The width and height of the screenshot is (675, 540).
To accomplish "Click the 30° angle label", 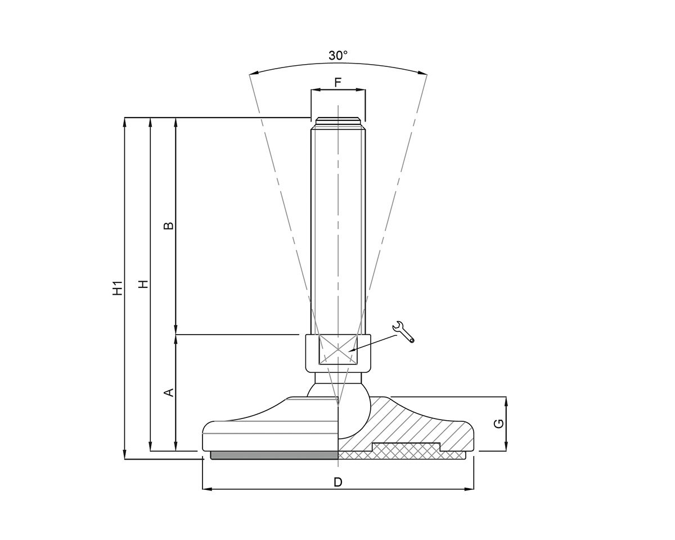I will click(338, 55).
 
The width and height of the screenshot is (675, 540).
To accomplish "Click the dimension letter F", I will click(338, 83).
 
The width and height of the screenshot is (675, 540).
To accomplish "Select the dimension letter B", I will click(168, 226).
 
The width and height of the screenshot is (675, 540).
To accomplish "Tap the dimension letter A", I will click(168, 392).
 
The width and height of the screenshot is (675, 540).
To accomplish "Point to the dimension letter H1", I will click(117, 288).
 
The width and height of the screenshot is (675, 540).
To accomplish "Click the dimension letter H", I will click(143, 283).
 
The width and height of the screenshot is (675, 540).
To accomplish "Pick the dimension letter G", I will click(498, 423).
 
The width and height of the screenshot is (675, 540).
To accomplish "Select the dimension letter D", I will click(338, 482).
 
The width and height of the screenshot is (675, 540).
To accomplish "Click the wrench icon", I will click(403, 332).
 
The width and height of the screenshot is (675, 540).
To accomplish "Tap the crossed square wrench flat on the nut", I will click(337, 350).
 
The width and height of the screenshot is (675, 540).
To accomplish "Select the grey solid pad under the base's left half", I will click(274, 455).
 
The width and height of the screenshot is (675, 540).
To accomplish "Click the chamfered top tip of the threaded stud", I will click(337, 120).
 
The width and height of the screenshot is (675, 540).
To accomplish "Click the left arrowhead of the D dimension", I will click(206, 489).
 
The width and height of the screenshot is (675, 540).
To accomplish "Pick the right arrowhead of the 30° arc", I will click(423, 73).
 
